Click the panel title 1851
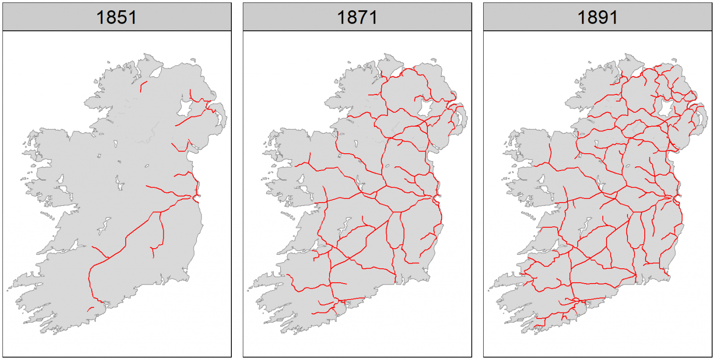(x=116, y=17)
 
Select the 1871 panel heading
(x=357, y=17)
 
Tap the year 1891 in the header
(x=597, y=17)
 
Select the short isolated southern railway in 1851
(x=90, y=309)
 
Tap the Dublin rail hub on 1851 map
(x=195, y=197)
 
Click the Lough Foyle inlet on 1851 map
(x=155, y=72)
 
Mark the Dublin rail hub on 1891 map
(x=675, y=199)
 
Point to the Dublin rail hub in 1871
(x=435, y=198)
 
